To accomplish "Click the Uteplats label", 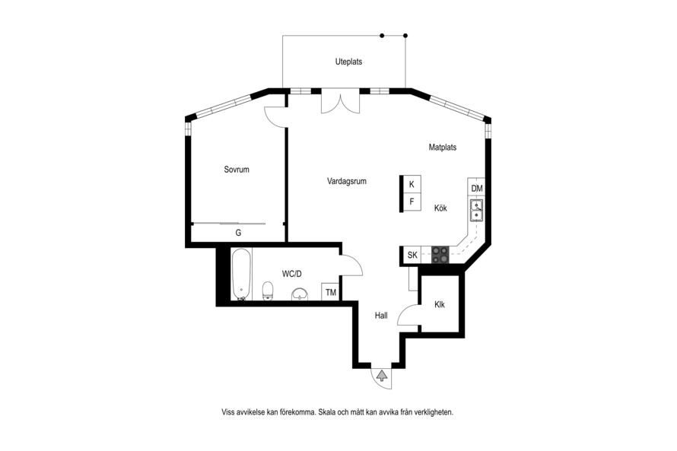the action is tap(348, 62).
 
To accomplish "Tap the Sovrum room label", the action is tap(237, 170).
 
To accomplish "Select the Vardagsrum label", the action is tap(347, 181).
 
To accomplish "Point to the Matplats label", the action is tap(443, 148).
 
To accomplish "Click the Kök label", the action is tap(440, 208).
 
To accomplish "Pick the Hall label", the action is tap(381, 316).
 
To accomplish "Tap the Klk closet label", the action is tap(440, 305).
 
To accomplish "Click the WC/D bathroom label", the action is tap(292, 274).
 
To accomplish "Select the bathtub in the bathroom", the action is tap(241, 274).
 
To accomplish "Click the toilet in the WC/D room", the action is tap(268, 291).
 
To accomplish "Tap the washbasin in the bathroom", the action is tap(300, 294).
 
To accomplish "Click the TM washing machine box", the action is tap(331, 292).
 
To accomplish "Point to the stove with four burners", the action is tap(440, 255).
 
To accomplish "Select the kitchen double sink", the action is tap(477, 210).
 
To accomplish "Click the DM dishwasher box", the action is tap(477, 188).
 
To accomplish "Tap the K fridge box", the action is tap(412, 184).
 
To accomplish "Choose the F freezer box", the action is tap(412, 202).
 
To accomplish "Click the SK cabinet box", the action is tap(412, 255).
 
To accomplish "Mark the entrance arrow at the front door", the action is tap(382, 376).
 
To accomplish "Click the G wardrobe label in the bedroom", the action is tap(238, 233).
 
